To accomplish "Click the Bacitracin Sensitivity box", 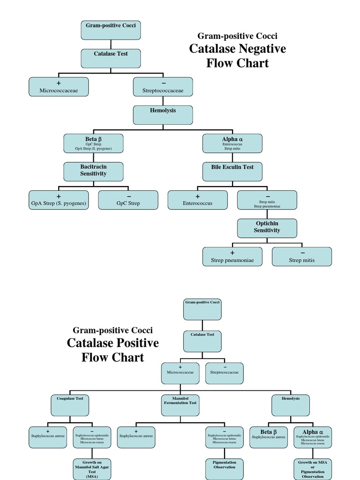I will (93, 172).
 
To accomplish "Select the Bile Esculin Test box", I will (232, 172).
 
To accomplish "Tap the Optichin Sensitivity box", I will (267, 228).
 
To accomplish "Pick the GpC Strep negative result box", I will (128, 200).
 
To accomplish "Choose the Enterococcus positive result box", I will (197, 200).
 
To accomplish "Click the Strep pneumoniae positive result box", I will (232, 256).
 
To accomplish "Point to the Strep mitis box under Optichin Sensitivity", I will (301, 256).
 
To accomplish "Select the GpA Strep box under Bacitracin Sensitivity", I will (59, 200).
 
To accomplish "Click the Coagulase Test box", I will (70, 405).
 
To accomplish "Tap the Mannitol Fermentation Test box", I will (180, 405).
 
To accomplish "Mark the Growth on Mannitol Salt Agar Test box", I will (92, 469).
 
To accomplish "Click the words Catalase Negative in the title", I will (237, 49).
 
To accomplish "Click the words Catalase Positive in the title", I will (112, 343).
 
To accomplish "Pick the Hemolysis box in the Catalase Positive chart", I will (291, 405).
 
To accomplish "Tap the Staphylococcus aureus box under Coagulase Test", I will (48, 437).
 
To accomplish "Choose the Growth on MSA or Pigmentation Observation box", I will (313, 469).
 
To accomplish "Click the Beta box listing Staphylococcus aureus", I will (269, 437).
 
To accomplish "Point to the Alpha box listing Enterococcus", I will (232, 143).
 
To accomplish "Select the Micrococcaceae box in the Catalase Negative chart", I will (59, 87).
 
